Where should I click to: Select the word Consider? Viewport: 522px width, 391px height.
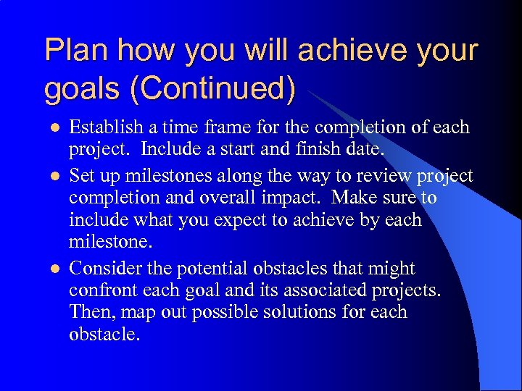[104, 268]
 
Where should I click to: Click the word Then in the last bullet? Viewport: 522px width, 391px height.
[88, 312]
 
